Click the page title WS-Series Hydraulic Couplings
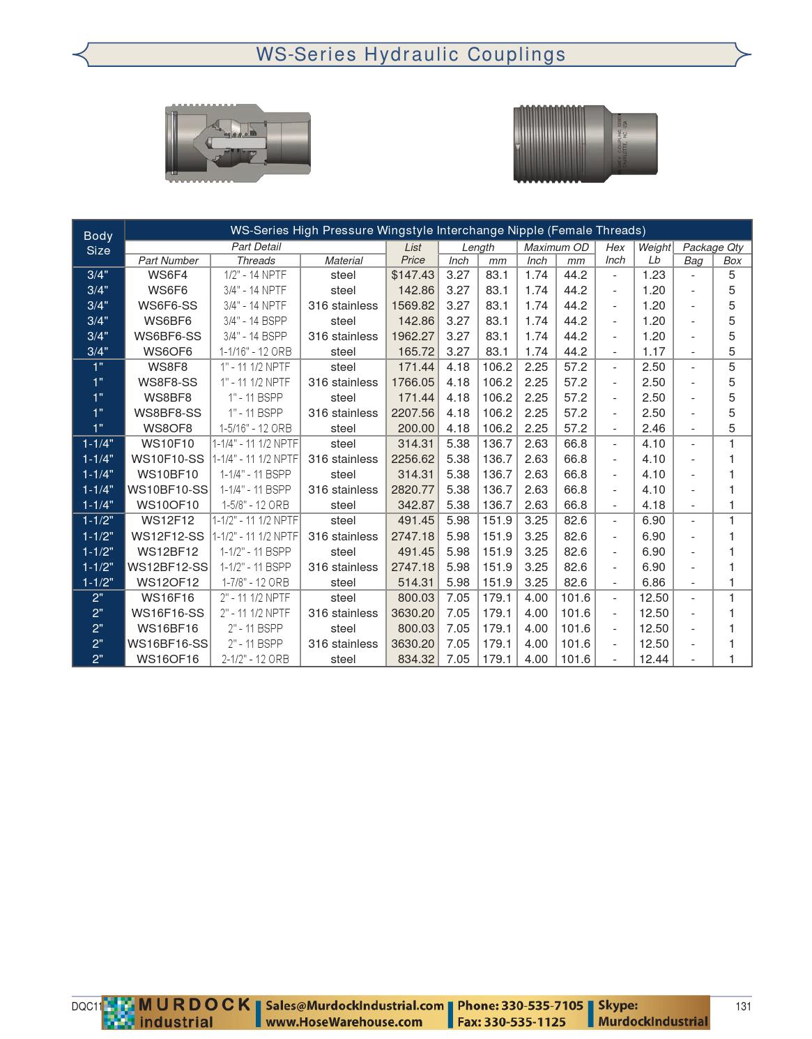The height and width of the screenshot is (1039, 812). tap(411, 54)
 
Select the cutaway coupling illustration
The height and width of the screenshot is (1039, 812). tap(238, 143)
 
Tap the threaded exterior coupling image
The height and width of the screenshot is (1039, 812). tap(585, 144)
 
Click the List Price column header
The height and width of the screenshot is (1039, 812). tap(413, 253)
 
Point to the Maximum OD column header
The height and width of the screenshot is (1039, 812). tap(556, 247)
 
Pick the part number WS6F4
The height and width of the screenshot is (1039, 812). tap(167, 275)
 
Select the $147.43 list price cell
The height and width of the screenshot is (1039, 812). tap(413, 275)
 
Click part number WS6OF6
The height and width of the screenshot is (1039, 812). tap(167, 351)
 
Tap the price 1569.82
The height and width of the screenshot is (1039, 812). tap(413, 305)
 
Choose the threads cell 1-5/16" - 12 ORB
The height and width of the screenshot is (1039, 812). tap(256, 428)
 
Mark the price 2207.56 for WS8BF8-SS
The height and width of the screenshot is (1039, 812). tap(413, 413)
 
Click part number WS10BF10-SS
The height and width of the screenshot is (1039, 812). tap(167, 490)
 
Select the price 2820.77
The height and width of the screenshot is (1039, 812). tap(413, 490)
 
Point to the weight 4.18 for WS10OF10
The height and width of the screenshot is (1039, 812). tap(653, 505)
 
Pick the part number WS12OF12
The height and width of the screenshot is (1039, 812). tap(167, 582)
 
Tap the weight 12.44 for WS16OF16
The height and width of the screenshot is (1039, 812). tap(653, 659)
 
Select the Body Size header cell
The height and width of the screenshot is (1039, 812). tap(98, 243)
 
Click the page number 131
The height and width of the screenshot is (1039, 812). tap(743, 1006)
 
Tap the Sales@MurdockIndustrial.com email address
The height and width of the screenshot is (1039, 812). tap(355, 1006)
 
